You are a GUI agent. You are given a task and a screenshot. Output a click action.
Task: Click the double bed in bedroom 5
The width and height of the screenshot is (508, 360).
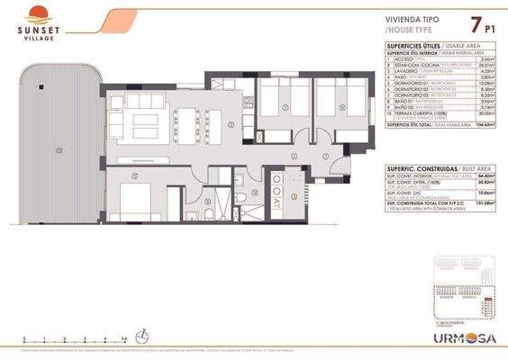(133, 200)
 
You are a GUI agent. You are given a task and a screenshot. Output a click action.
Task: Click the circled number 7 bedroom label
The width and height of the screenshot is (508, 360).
(285, 108)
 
